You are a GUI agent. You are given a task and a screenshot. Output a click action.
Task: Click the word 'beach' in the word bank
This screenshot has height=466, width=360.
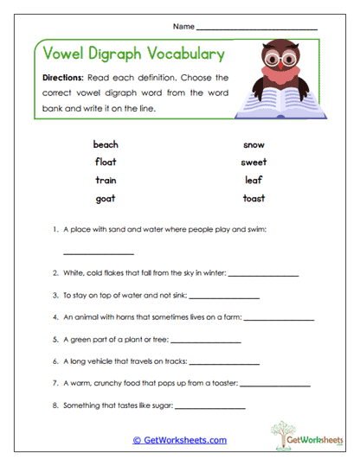click(106, 144)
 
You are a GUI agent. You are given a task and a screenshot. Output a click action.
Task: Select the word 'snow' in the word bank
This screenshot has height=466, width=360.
click(254, 144)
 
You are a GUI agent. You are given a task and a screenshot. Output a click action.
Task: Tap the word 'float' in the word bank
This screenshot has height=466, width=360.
click(106, 162)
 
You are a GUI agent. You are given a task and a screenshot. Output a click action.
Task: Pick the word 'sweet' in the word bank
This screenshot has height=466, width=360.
click(254, 162)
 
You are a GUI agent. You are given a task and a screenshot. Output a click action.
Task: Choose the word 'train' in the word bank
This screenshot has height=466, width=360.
click(106, 180)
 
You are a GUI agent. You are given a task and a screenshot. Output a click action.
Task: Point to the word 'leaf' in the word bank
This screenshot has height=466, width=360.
click(254, 180)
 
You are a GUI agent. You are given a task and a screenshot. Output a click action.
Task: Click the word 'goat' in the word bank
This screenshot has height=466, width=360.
click(106, 198)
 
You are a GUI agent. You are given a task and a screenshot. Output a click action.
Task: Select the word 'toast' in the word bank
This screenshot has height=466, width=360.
click(254, 198)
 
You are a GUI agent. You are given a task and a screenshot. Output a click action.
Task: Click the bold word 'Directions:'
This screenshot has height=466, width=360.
click(63, 77)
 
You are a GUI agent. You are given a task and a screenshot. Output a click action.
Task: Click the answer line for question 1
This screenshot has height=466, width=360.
click(99, 253)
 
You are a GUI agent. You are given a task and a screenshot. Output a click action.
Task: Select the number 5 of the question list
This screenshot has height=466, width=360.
click(55, 340)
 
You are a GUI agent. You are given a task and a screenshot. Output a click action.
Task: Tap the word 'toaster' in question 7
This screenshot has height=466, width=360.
click(220, 382)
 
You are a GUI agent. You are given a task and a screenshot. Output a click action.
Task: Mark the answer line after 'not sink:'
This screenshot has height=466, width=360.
click(223, 297)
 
